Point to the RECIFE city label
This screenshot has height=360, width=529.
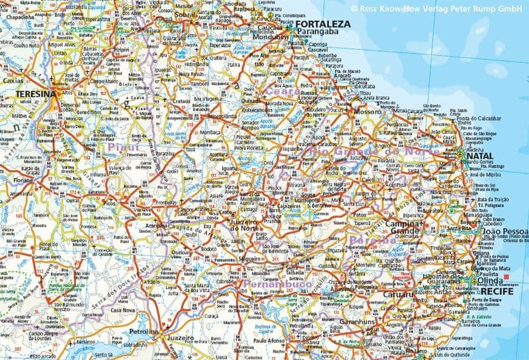coord(497,291)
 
